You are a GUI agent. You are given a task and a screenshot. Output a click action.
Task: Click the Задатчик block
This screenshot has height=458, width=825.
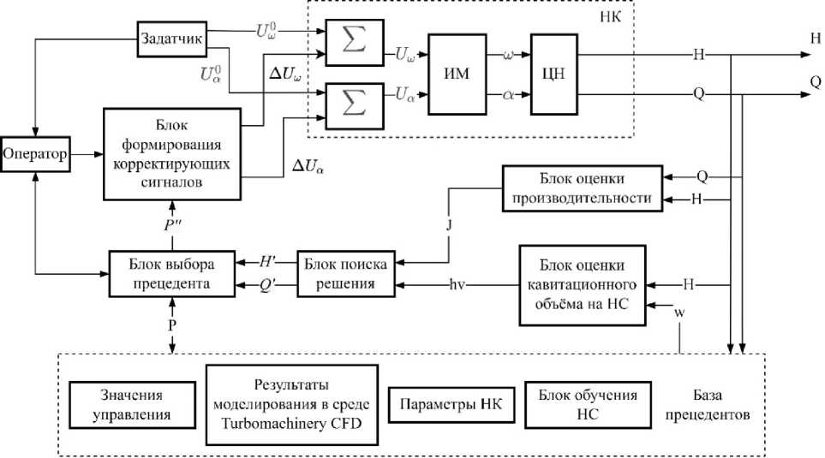[x=172, y=39]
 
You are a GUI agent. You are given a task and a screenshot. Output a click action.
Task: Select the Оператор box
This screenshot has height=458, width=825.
[x=34, y=154]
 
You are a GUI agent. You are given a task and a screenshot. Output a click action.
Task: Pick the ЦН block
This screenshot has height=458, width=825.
[x=553, y=74]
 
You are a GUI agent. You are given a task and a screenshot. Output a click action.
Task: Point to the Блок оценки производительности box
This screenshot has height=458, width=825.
[x=581, y=188]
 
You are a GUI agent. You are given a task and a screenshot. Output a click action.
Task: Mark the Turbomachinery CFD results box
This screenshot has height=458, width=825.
[x=292, y=405]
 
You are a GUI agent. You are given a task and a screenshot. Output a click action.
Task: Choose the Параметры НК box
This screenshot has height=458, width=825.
[x=451, y=404]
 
